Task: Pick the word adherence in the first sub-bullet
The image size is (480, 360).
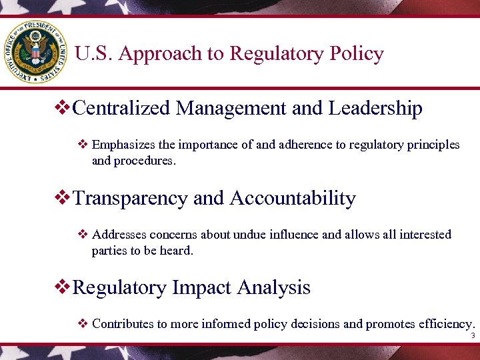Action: click(296, 145)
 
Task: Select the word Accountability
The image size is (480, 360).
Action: click(293, 198)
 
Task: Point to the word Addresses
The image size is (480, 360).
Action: click(119, 235)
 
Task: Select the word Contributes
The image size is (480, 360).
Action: click(123, 324)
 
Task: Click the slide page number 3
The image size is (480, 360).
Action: click(472, 337)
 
